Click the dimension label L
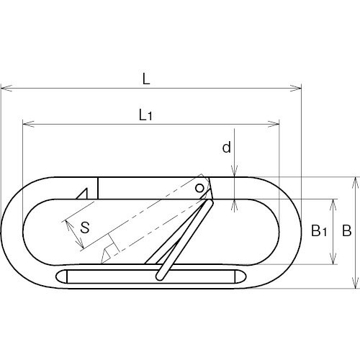point(146,79)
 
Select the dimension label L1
point(145,115)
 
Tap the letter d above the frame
point(227,147)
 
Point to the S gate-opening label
point(85,228)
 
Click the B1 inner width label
point(319,230)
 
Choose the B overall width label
point(347,230)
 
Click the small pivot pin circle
point(199,188)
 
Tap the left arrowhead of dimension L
point(6,88)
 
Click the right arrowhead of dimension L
point(295,88)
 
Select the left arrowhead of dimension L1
point(28,124)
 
